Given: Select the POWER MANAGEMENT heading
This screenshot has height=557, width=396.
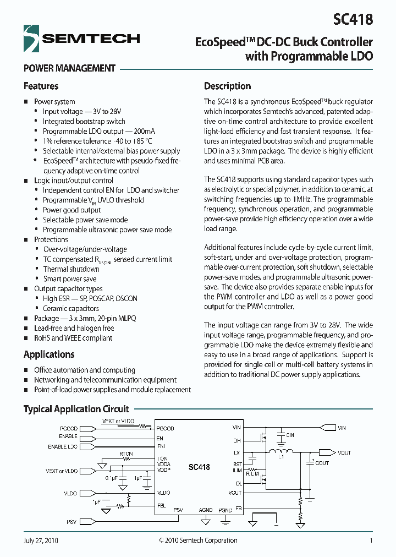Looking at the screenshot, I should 69,68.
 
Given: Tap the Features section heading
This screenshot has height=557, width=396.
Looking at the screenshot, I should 41,86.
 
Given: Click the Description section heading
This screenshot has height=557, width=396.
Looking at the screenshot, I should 227,86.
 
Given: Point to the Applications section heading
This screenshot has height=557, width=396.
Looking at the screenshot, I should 49,354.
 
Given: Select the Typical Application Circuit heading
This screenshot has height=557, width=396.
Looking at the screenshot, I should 76,409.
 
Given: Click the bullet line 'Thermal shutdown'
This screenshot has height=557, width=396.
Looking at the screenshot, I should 71,269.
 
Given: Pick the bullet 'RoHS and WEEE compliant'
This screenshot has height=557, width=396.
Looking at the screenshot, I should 73,338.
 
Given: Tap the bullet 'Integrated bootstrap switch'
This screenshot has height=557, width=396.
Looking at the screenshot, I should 84,121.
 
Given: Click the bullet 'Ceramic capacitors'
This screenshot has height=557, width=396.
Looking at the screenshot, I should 71,308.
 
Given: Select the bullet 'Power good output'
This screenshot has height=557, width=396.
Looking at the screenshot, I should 72,210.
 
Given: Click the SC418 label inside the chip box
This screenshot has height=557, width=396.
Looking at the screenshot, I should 199,467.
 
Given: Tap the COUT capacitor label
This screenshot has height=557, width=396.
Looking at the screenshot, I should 322,463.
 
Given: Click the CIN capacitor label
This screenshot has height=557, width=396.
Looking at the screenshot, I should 290,435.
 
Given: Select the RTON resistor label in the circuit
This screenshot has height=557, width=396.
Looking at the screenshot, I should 126,454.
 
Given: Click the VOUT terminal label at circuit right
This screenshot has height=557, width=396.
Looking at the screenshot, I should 344,452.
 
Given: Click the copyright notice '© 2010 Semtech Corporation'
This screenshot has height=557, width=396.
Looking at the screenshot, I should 198,540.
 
